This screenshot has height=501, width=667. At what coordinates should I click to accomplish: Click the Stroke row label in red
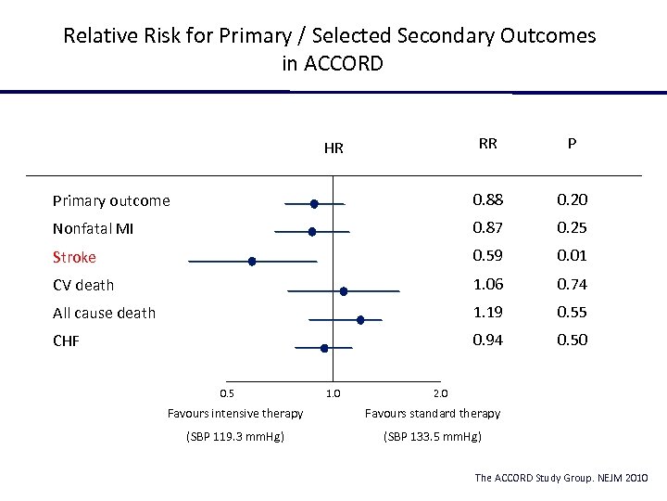pyautogui.click(x=74, y=257)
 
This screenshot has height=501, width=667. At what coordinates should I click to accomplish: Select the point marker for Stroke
pyautogui.click(x=252, y=262)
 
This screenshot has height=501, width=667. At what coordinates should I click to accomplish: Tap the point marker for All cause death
pyautogui.click(x=360, y=319)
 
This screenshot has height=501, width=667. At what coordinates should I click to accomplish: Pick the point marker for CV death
pyautogui.click(x=344, y=290)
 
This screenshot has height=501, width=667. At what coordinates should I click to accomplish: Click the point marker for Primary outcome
pyautogui.click(x=314, y=203)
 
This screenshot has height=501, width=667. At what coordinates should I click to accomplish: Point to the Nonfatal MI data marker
pyautogui.click(x=312, y=231)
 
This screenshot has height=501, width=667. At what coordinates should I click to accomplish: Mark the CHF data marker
pyautogui.click(x=324, y=348)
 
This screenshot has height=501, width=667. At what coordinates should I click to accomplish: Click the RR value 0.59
pyautogui.click(x=487, y=255)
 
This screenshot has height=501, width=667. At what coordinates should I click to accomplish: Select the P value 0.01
pyautogui.click(x=572, y=255)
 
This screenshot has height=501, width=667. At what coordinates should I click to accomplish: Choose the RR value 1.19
pyautogui.click(x=487, y=312)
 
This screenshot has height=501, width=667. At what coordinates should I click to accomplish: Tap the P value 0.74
pyautogui.click(x=572, y=284)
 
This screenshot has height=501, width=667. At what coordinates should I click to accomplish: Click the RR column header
pyautogui.click(x=487, y=144)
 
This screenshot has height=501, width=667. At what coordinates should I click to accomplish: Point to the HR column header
pyautogui.click(x=333, y=148)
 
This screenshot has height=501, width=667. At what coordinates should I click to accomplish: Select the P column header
pyautogui.click(x=572, y=144)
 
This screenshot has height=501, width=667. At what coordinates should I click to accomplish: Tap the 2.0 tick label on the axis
pyautogui.click(x=441, y=392)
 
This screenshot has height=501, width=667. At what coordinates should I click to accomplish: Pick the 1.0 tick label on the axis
pyautogui.click(x=333, y=392)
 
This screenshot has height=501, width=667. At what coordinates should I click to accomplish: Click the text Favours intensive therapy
pyautogui.click(x=234, y=413)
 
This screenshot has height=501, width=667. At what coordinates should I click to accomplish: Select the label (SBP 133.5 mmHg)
pyautogui.click(x=432, y=436)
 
